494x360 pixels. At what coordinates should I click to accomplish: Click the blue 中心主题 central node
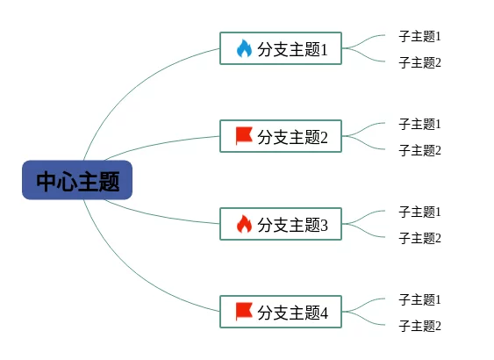click(x=77, y=180)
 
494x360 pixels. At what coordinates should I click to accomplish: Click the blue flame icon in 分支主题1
click(x=244, y=48)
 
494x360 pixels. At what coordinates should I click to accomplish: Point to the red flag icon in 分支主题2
click(x=244, y=136)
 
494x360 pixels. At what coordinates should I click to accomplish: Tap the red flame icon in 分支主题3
click(x=244, y=224)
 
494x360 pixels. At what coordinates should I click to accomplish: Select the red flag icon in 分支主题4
click(x=244, y=312)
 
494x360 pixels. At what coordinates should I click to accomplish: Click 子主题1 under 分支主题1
click(x=419, y=36)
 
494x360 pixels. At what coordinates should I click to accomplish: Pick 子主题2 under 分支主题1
click(x=419, y=62)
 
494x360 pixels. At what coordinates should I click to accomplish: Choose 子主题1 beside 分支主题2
click(x=419, y=124)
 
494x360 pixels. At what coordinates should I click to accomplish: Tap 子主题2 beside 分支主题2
click(x=419, y=150)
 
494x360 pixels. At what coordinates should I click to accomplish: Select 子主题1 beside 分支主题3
click(x=419, y=212)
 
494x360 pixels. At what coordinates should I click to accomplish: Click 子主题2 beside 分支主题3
click(x=419, y=238)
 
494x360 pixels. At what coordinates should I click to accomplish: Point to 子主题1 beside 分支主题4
click(x=419, y=299)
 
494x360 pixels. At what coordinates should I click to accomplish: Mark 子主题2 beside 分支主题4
click(x=419, y=326)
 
